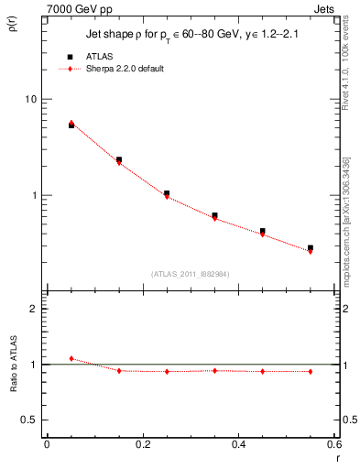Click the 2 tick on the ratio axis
click(33, 309)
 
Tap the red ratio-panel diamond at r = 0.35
click(214, 370)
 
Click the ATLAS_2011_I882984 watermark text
click(191, 273)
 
